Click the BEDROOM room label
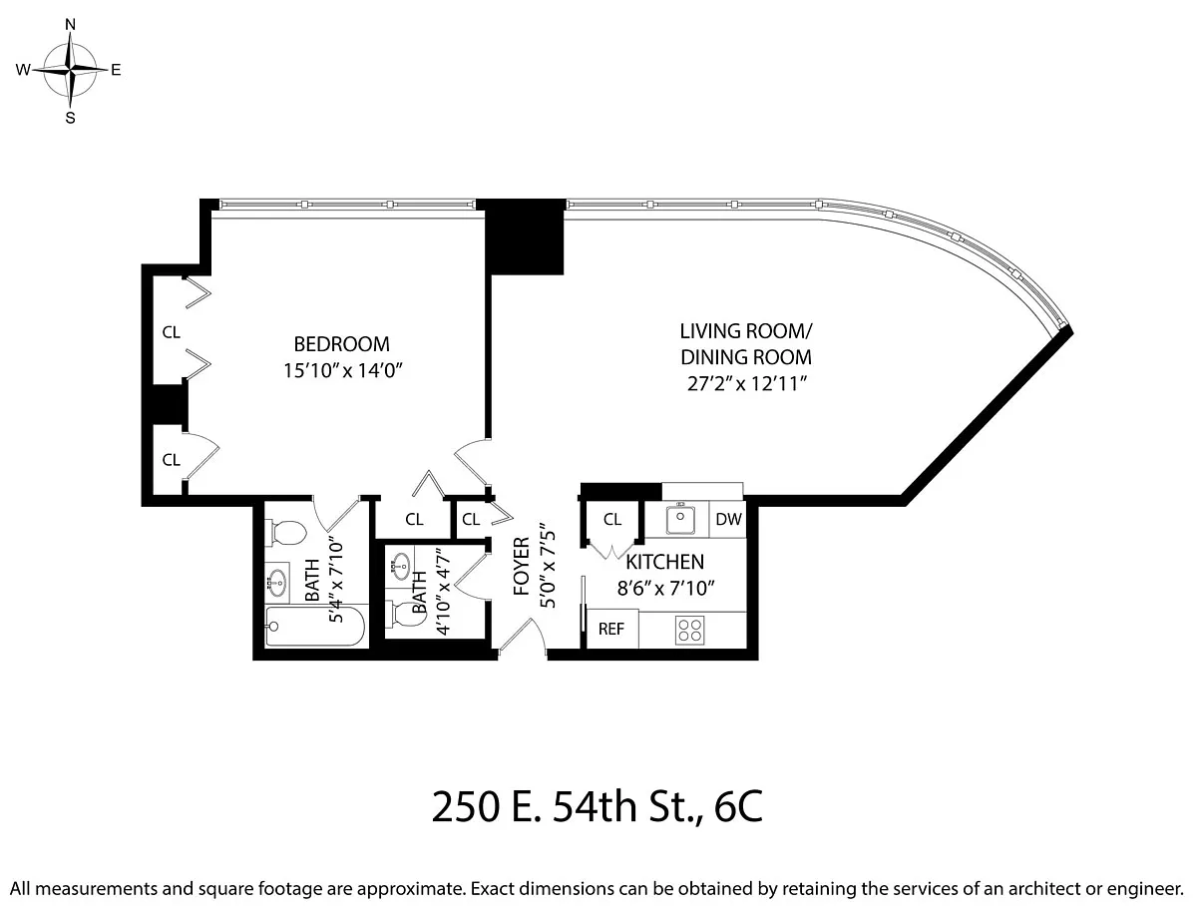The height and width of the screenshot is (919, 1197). coord(341,344)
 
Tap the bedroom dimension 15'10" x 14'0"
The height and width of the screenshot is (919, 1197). coord(342,370)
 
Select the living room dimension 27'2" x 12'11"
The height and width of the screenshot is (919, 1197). coord(746,383)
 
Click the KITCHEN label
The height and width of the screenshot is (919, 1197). coord(665,562)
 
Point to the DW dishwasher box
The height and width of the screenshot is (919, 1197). coord(728,519)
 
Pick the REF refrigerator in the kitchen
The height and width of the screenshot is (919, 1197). coord(612,629)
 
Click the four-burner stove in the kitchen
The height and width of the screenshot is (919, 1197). coord(689,631)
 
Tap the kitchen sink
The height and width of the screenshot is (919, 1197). coord(680,519)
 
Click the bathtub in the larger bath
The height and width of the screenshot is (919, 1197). coord(315,626)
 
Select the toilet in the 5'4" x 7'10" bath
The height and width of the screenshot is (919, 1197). coord(286,533)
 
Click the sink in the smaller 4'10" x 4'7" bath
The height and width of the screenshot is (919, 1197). coord(400,566)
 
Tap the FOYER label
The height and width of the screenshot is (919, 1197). coord(521,567)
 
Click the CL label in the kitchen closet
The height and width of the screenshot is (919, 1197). coord(612,520)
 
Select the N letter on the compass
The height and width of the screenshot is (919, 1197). coord(71,25)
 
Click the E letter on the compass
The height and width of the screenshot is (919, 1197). coord(116,70)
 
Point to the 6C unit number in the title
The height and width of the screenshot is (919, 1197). coord(738,807)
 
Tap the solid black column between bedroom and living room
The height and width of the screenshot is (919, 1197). coord(524,236)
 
